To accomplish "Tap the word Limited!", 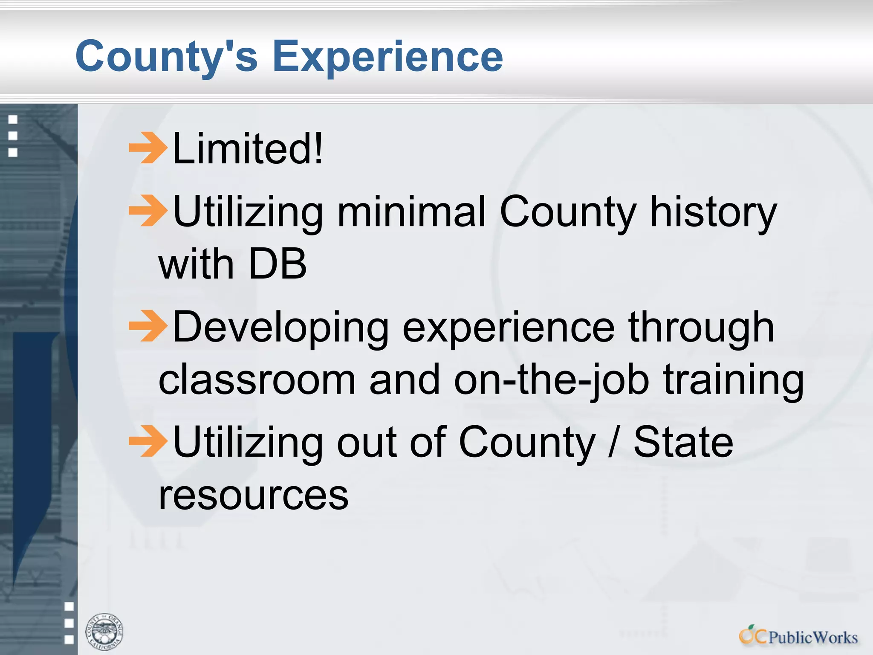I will click(248, 148).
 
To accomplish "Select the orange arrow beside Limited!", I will click(147, 148).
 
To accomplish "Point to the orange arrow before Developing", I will click(147, 326).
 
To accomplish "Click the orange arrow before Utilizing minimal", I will click(147, 211).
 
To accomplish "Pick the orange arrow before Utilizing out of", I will click(147, 441).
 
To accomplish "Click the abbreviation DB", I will click(277, 264).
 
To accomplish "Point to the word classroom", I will click(257, 380).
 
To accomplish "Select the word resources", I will click(254, 496).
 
